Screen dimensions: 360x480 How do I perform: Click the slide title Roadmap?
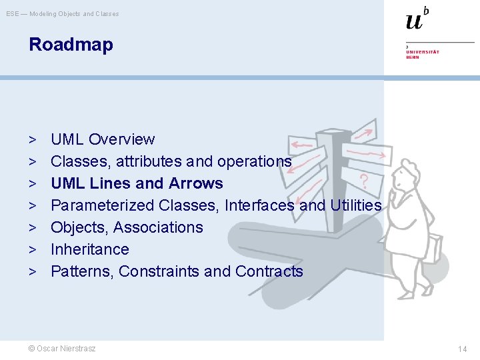coord(71,45)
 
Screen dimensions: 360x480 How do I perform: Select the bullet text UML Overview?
coord(103,139)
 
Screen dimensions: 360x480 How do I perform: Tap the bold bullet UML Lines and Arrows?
coord(137,183)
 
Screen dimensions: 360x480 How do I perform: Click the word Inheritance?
coord(90,249)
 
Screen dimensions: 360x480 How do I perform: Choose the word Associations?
coord(158,227)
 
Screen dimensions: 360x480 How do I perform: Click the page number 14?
coord(462,349)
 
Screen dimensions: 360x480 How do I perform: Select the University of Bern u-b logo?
coord(417,20)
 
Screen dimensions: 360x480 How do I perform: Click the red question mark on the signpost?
coord(364,181)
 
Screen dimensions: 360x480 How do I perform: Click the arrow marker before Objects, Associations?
coord(32,227)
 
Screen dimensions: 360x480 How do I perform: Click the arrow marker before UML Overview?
coord(32,139)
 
